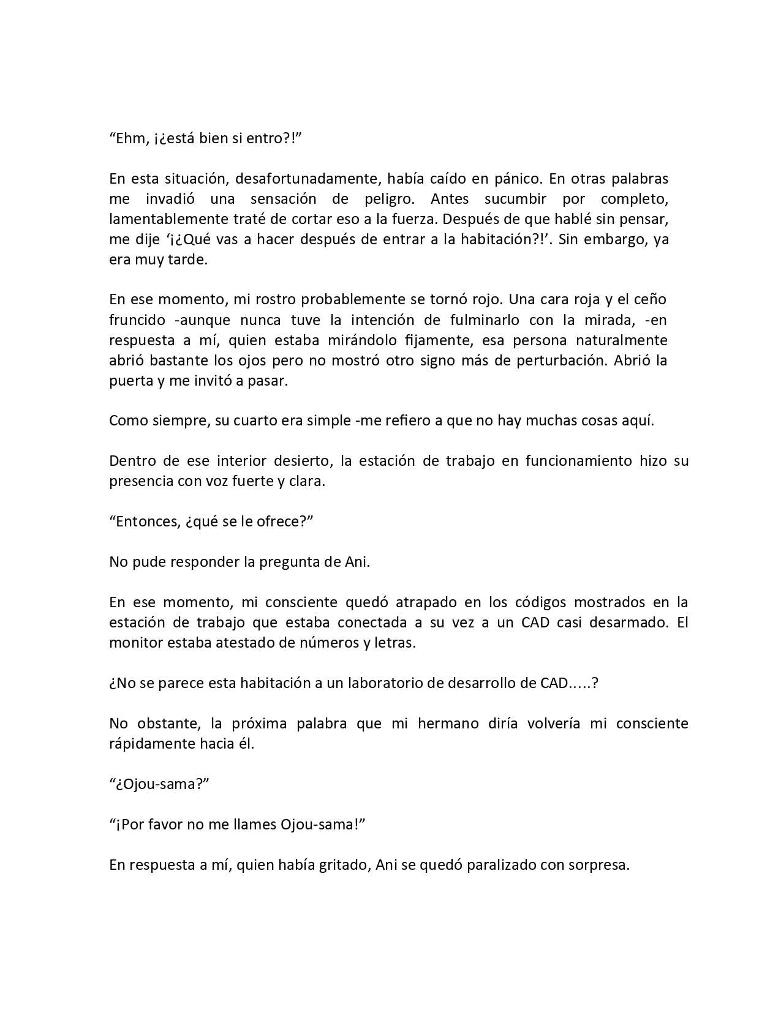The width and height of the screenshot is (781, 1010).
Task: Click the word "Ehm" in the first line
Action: (x=130, y=138)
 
